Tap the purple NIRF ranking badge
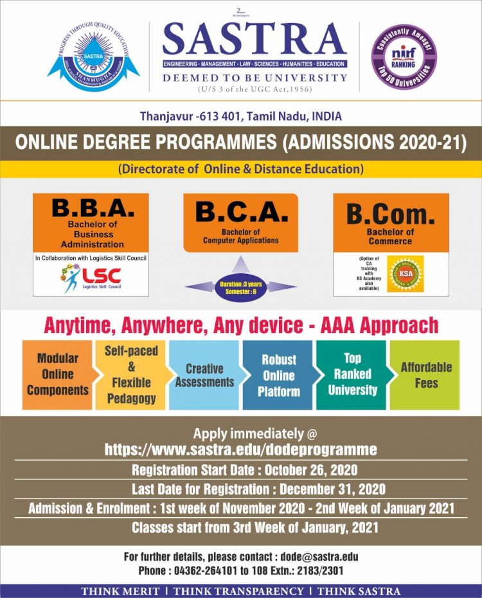pyautogui.click(x=404, y=57)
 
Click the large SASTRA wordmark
pyautogui.click(x=254, y=40)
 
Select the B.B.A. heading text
pyautogui.click(x=93, y=209)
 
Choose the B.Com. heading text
pyautogui.click(x=391, y=214)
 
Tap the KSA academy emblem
pyautogui.click(x=406, y=273)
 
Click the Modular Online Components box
pyautogui.click(x=58, y=375)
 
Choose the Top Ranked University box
pyautogui.click(x=352, y=375)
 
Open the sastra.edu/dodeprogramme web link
pyautogui.click(x=241, y=448)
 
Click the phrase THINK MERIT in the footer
pyautogui.click(x=121, y=591)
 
